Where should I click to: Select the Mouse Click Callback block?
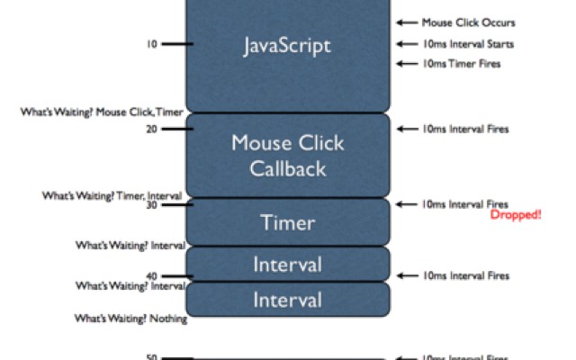tap(288, 155)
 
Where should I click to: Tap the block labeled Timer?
tap(288, 221)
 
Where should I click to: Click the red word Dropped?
tap(516, 216)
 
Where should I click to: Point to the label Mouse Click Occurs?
tap(469, 22)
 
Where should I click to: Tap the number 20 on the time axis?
tap(152, 129)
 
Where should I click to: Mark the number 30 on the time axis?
tap(152, 205)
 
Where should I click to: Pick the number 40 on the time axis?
tap(152, 276)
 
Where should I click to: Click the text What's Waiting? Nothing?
tap(131, 319)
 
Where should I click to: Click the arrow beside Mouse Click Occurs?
tap(405, 22)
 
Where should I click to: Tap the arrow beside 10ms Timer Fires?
tap(405, 64)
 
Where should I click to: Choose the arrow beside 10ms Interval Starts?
tap(405, 43)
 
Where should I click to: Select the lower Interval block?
tap(288, 299)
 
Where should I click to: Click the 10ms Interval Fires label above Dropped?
tap(465, 204)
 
